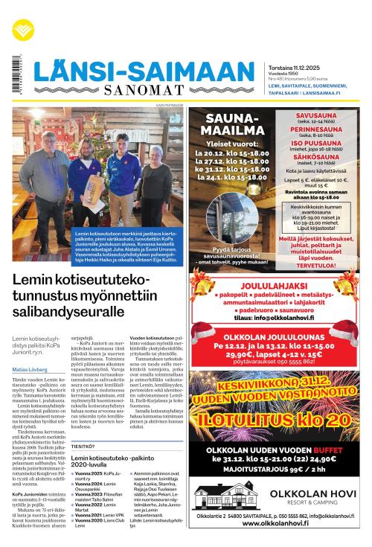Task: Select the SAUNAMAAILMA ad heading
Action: (x=230, y=125)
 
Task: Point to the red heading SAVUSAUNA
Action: (x=316, y=116)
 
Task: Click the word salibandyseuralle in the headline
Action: (x=63, y=313)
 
